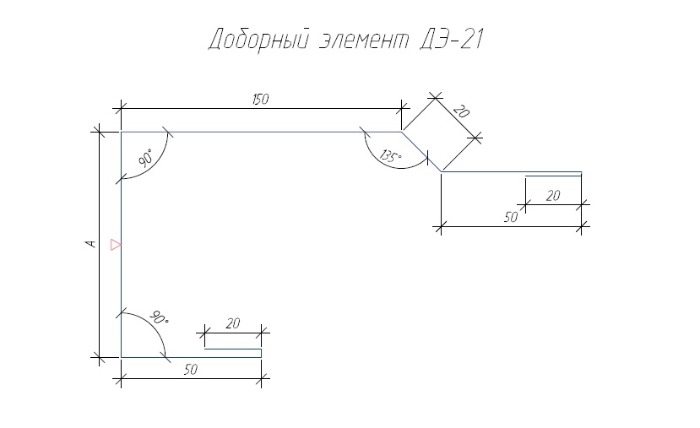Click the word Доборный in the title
258,40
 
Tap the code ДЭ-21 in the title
452,39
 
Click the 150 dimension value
261,99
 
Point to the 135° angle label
391,156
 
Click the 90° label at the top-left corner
145,158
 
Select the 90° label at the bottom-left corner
158,317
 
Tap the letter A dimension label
90,244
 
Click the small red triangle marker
116,245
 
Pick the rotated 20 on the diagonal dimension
462,111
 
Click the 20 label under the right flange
553,196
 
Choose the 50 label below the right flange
511,217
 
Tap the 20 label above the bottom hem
232,323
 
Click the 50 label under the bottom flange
191,370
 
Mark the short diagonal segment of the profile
421,152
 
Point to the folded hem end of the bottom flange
261,353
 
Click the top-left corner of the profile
121,132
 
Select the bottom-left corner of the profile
121,357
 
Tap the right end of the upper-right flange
581,172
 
